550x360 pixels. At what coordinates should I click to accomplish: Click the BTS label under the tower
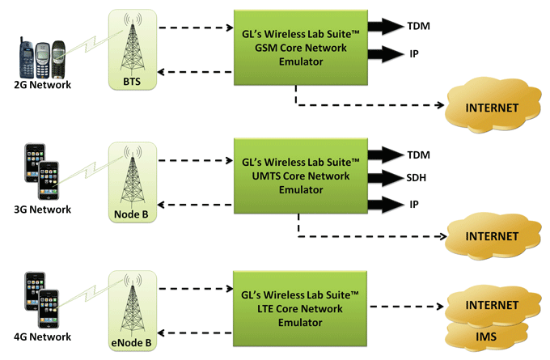point(132,82)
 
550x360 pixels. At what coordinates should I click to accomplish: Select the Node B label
point(131,214)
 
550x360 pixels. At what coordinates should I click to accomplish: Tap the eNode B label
point(131,342)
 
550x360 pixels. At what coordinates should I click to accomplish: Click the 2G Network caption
point(42,85)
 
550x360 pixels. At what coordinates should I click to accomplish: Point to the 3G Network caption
point(42,210)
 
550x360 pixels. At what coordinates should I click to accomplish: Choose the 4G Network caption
point(42,337)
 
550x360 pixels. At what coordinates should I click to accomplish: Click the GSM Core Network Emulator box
point(301,48)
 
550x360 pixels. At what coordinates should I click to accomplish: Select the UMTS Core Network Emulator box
point(301,176)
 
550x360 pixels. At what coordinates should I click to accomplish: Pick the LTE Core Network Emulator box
point(300,309)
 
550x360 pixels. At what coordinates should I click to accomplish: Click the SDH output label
point(417,177)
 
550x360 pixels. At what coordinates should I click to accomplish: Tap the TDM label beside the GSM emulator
point(418,26)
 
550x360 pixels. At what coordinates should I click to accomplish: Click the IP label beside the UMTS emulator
point(414,204)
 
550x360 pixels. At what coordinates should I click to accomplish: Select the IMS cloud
point(486,337)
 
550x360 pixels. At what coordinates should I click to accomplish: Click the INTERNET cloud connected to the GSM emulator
point(493,106)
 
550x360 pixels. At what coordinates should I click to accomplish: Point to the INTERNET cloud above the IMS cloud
point(493,304)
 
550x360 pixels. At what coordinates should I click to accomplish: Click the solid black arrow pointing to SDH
point(386,178)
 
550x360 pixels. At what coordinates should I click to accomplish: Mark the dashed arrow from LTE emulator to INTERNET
point(407,307)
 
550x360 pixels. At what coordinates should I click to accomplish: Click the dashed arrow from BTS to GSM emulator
point(196,28)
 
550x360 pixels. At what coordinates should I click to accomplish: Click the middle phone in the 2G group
point(42,60)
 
